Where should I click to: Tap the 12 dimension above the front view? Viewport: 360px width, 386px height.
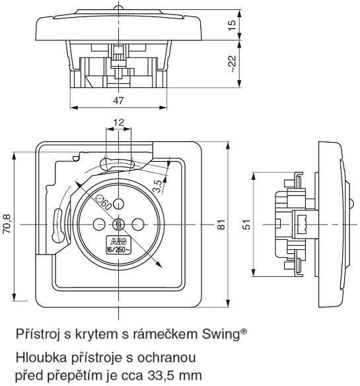[x=118, y=123]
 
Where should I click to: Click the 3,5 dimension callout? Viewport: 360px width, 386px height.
[x=157, y=186]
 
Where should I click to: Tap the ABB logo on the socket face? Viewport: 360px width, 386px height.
[x=118, y=241]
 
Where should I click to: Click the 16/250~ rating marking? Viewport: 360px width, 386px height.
[x=118, y=250]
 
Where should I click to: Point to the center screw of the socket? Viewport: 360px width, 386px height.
[x=118, y=223]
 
